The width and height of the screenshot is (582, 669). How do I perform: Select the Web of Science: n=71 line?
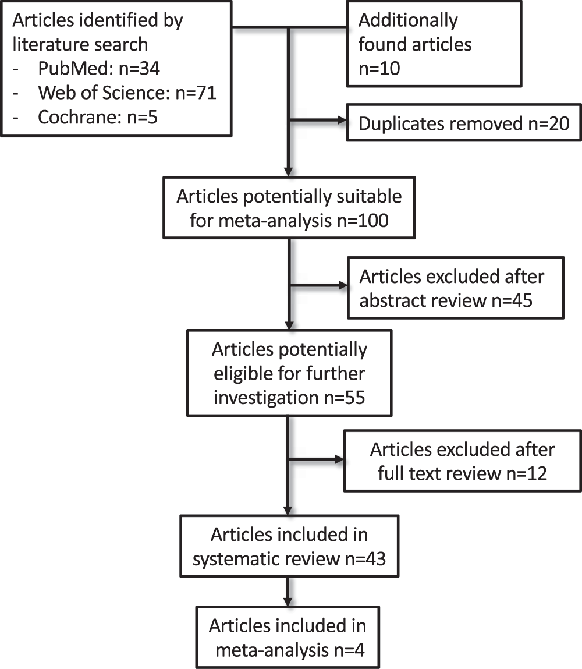127,93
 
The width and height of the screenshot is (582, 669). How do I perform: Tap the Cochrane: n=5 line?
98,117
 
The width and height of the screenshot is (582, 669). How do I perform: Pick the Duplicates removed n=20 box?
463,123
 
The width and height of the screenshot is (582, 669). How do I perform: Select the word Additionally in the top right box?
408,20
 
